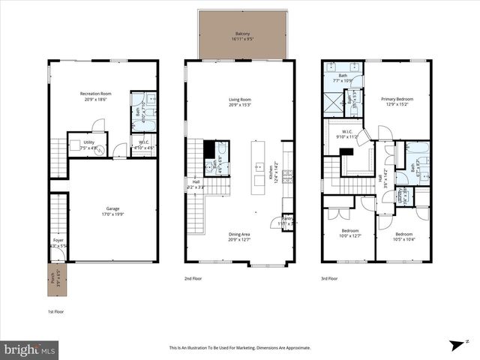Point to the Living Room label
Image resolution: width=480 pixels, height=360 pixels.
pyautogui.click(x=239, y=102)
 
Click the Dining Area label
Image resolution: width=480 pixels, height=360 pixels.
pyautogui.click(x=239, y=236)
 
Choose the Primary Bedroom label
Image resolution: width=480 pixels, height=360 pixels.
pyautogui.click(x=397, y=101)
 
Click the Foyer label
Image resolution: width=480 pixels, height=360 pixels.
pyautogui.click(x=57, y=243)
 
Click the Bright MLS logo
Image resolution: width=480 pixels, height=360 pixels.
pyautogui.click(x=30, y=349)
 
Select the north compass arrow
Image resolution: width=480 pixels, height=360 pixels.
pyautogui.click(x=454, y=345)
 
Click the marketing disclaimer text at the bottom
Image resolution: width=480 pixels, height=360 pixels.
pyautogui.click(x=240, y=348)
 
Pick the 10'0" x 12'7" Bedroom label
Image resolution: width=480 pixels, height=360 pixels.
pyautogui.click(x=350, y=233)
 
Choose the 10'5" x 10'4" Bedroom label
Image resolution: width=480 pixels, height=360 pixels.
pyautogui.click(x=403, y=237)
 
